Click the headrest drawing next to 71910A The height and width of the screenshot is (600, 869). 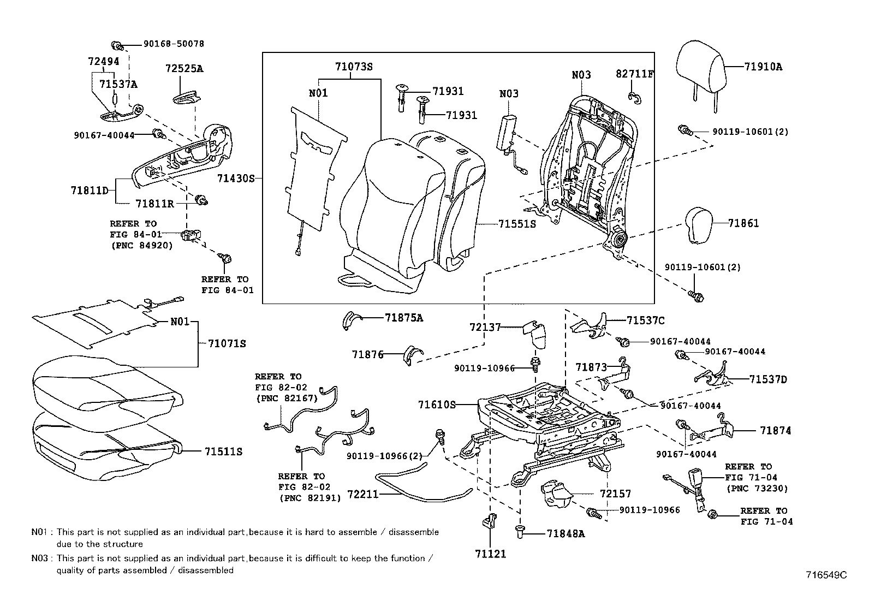coord(701,68)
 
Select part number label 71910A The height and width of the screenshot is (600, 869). coord(763,67)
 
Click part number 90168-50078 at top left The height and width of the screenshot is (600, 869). coord(174,44)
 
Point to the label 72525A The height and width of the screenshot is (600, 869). coord(184,68)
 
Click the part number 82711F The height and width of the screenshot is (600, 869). coord(634,74)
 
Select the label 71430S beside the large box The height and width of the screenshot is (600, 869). coord(236,178)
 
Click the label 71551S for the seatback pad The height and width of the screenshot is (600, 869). coord(516,224)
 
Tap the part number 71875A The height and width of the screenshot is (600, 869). coord(404,317)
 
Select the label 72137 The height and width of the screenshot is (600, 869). coord(485,327)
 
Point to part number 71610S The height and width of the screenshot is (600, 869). coord(437,405)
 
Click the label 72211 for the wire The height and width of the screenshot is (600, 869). coord(362,495)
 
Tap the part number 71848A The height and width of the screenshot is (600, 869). coord(566,533)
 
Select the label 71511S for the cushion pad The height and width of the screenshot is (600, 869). coord(223,452)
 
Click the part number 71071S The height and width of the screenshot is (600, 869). coord(227,343)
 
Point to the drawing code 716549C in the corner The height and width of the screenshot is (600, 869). coord(826,574)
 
